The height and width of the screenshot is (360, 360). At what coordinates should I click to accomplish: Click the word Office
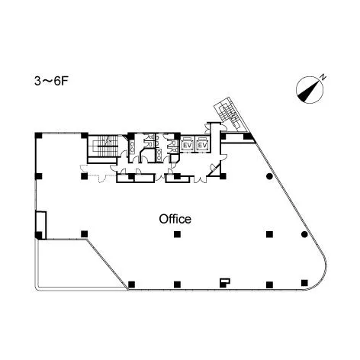[x=175, y=219]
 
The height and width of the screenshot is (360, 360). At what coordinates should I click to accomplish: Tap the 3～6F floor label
[x=52, y=82]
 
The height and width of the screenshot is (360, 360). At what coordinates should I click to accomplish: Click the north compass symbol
[x=310, y=90]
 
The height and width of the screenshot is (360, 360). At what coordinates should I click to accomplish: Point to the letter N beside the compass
[x=323, y=77]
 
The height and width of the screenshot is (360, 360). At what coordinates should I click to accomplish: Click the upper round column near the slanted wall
[x=269, y=175]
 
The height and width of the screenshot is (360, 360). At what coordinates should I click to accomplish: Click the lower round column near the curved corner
[x=304, y=234]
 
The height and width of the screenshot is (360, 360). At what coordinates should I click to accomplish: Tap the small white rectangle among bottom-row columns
[x=225, y=282]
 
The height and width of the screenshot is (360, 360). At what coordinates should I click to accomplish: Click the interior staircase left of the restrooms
[x=104, y=146]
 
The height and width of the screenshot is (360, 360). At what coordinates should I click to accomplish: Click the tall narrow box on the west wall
[x=40, y=226]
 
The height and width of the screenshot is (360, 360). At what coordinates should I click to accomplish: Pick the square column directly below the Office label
[x=177, y=234]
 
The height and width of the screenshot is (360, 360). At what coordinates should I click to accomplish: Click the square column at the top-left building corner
[x=38, y=135]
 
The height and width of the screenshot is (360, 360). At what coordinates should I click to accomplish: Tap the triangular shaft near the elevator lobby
[x=214, y=169]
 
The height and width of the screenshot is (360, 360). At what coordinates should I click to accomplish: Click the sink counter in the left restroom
[x=132, y=147]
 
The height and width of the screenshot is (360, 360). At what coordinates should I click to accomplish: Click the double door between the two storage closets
[x=160, y=178]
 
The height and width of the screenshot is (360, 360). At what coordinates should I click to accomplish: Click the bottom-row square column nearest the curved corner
[x=304, y=282]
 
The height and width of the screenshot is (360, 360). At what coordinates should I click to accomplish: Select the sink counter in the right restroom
[x=159, y=155]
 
